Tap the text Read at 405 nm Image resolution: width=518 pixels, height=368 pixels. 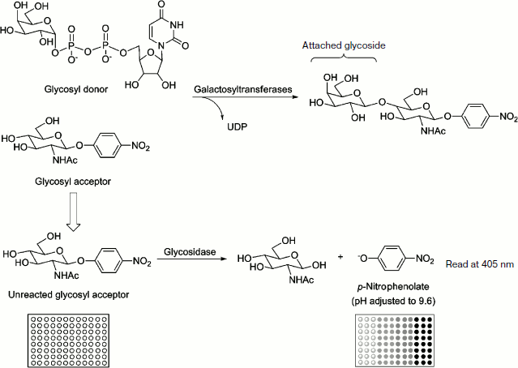pos(480,264)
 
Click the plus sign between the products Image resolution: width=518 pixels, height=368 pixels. pos(339,257)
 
